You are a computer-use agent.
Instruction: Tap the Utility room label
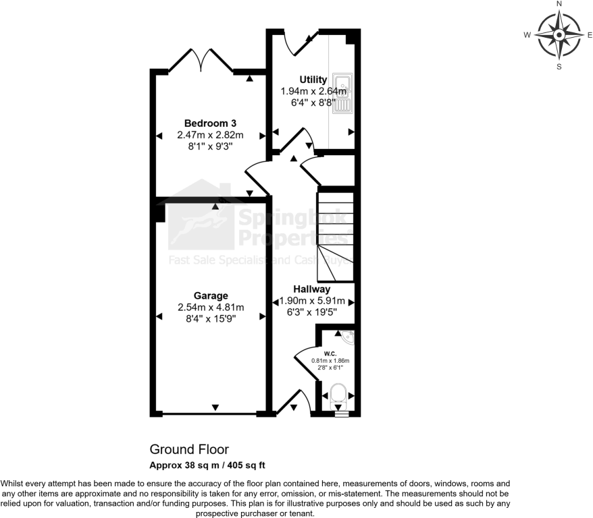(x=313, y=80)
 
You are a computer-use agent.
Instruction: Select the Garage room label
(x=211, y=295)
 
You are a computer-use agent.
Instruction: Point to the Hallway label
(x=311, y=289)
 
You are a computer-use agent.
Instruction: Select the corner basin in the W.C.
(x=346, y=336)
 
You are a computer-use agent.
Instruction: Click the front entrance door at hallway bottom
(x=295, y=402)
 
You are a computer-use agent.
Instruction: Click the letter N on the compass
(x=559, y=4)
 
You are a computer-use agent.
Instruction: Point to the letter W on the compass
(x=527, y=34)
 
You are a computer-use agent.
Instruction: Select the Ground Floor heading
(x=189, y=449)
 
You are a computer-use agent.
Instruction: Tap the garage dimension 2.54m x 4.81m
(x=211, y=307)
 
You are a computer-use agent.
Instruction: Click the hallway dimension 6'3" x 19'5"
(x=311, y=312)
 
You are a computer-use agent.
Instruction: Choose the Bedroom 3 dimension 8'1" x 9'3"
(x=210, y=146)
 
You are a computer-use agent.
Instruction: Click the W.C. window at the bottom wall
(x=342, y=414)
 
